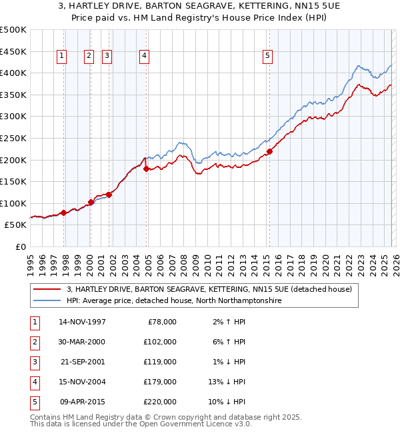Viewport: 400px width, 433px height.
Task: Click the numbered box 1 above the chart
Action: (x=61, y=57)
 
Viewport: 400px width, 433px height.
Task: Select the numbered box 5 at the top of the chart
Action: (x=267, y=57)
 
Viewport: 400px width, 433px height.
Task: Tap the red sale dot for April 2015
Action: (x=269, y=152)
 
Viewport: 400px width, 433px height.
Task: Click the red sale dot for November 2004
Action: (x=147, y=169)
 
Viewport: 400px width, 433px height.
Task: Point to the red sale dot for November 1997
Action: (x=64, y=213)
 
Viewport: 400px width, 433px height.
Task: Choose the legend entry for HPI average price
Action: (x=174, y=301)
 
